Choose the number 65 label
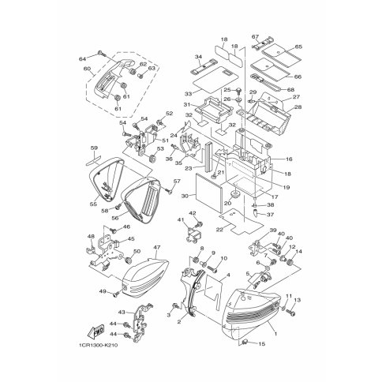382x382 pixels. [298, 47]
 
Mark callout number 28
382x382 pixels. [298, 107]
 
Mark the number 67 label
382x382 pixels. [255, 37]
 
